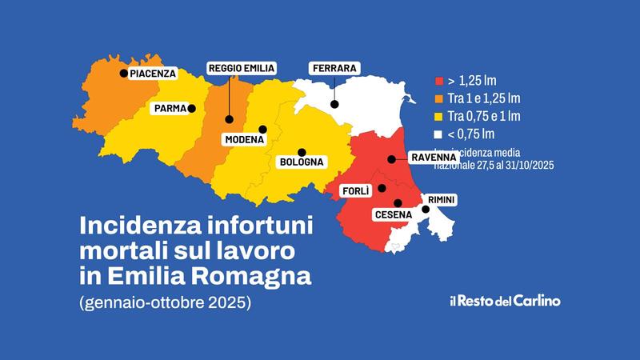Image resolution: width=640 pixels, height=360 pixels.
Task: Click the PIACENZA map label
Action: click(x=152, y=74)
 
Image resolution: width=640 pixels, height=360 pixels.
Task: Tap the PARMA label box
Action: click(x=171, y=108)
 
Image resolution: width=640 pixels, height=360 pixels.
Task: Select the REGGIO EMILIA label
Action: click(x=242, y=69)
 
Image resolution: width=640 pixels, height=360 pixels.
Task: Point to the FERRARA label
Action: click(x=333, y=68)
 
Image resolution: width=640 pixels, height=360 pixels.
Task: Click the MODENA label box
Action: click(x=244, y=140)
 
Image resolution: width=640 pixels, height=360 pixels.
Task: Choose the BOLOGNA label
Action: click(x=301, y=162)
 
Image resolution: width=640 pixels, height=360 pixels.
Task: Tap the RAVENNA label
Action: click(x=433, y=158)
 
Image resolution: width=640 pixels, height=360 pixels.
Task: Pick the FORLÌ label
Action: click(x=355, y=192)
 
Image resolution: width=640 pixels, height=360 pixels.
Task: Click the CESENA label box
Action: click(x=392, y=214)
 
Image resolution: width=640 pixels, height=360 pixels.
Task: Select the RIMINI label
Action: click(x=442, y=198)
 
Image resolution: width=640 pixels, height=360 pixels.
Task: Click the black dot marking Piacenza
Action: click(x=123, y=74)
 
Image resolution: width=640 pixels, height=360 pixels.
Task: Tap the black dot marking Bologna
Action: click(x=302, y=151)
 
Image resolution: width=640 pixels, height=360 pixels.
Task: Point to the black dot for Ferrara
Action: click(x=335, y=103)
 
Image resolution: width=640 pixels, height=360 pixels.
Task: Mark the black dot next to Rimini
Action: click(x=426, y=210)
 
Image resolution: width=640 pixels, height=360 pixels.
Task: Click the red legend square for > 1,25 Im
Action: click(x=438, y=82)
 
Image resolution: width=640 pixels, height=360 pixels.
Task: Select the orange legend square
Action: click(x=438, y=99)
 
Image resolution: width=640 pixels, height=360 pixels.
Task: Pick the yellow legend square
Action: click(x=438, y=117)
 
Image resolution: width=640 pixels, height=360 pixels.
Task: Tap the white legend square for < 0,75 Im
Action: click(x=438, y=134)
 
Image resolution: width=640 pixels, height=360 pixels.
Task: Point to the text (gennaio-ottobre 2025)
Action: click(x=166, y=306)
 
